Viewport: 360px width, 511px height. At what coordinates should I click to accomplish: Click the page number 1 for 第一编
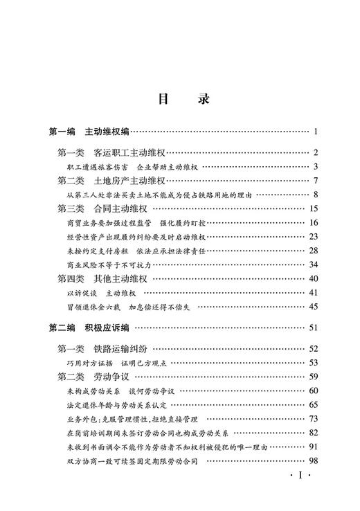tap(314, 132)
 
